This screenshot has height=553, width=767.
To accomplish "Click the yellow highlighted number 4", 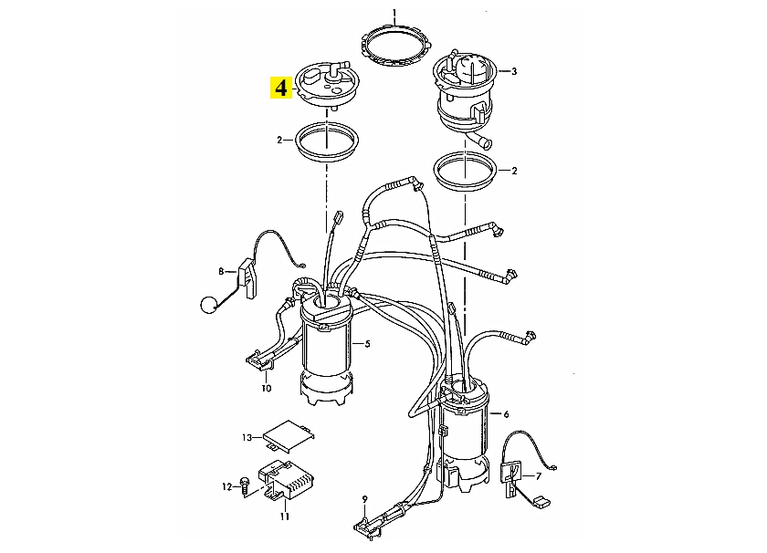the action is (281, 88).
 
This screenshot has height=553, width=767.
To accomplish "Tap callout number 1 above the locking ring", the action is (394, 12).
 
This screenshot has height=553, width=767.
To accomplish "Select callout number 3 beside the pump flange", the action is (513, 71).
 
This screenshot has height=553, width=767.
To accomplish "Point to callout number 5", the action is (367, 344).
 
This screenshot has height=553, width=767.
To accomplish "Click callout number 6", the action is (506, 414).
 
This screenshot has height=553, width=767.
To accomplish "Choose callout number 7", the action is (539, 475).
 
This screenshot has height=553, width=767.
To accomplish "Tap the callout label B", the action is (221, 271).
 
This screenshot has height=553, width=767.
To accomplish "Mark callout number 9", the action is (364, 499).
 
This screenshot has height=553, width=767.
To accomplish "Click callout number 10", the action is (266, 388).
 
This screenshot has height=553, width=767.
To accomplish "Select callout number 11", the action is (285, 516).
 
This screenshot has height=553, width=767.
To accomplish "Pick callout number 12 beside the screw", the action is (227, 487).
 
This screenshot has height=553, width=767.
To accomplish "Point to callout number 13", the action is (247, 437).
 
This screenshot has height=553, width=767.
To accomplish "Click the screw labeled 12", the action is (245, 486).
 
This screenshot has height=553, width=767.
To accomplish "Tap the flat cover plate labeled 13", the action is (289, 435).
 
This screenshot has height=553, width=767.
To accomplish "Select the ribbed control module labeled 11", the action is (287, 481).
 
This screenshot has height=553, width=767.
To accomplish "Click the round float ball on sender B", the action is (208, 305).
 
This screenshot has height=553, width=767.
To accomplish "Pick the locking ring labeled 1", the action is (395, 46).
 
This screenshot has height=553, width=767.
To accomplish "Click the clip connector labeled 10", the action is (259, 361).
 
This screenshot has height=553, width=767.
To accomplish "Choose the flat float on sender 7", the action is (539, 502).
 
